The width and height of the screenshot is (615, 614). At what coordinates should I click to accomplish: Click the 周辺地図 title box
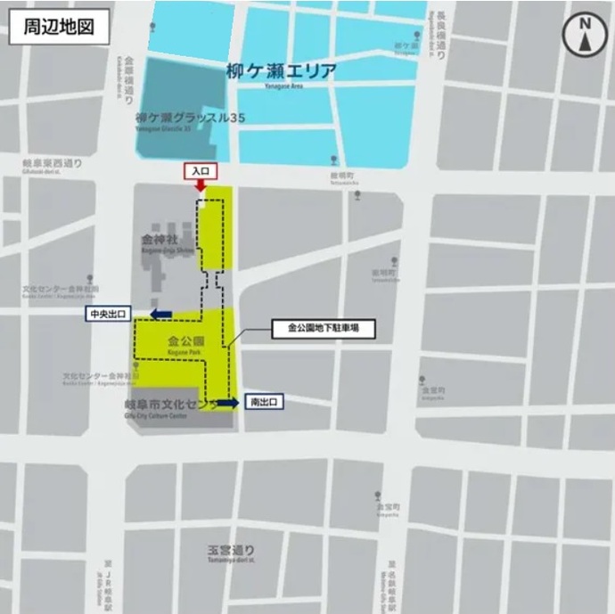(x=59, y=27)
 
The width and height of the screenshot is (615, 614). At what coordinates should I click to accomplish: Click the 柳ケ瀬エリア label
(x=281, y=71)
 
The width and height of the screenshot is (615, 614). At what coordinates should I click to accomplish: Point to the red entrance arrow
(x=200, y=184)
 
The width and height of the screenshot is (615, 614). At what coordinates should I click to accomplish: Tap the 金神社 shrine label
(x=160, y=240)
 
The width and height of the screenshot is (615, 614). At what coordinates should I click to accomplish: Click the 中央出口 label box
(x=108, y=314)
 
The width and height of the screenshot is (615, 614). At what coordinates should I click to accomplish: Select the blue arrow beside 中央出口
(x=161, y=314)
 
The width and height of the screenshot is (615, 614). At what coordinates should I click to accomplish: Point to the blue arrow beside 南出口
(x=227, y=403)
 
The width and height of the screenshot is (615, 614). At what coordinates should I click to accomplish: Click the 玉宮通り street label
(x=231, y=549)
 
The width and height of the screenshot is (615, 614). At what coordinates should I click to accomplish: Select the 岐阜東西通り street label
(x=52, y=165)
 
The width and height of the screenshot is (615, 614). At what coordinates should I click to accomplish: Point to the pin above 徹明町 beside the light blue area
(x=333, y=160)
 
